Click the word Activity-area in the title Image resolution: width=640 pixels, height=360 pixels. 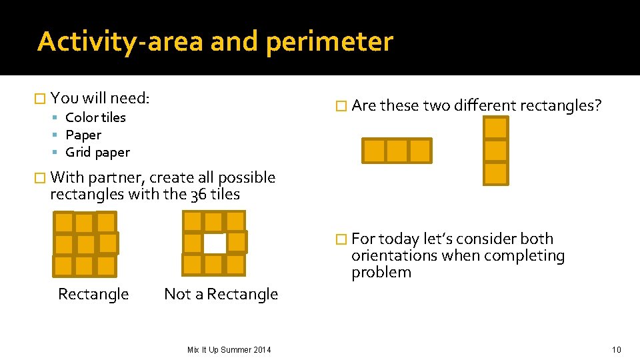coord(120,41)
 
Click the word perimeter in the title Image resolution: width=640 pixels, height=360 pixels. coord(329,41)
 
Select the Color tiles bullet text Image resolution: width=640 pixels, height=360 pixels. coord(95,117)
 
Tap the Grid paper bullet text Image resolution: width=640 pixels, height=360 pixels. coord(97,152)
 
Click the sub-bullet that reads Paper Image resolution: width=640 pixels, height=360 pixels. coord(83,135)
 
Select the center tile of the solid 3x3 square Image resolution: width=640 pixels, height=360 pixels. coord(85,244)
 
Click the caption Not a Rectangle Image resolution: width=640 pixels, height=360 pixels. coord(221,294)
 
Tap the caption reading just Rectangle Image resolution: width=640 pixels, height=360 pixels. coord(93,294)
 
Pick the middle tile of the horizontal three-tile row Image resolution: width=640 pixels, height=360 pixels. coord(397,151)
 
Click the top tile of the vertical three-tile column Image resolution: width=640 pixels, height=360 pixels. coord(495,128)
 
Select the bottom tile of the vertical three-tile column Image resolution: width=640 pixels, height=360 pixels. coord(495,173)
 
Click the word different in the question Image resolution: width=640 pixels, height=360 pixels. coord(485,105)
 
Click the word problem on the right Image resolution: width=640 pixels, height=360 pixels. coord(381,272)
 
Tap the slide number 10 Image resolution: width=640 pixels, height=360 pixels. coord(616,349)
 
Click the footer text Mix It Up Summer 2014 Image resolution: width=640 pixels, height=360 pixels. coord(229,349)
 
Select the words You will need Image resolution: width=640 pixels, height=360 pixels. coord(100,99)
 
